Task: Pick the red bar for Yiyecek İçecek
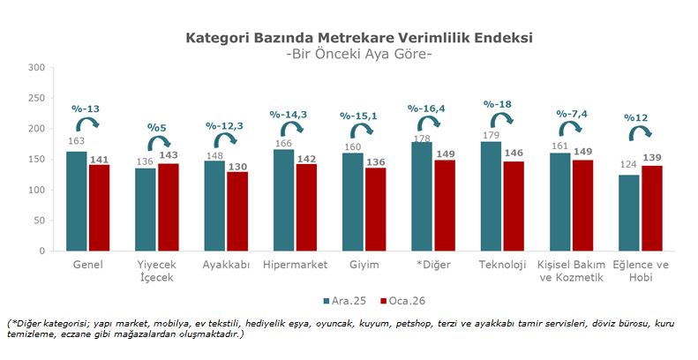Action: [x=168, y=206]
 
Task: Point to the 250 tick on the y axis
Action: [x=36, y=98]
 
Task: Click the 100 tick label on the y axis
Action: [x=36, y=190]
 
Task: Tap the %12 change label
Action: [x=635, y=117]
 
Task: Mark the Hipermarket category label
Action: [x=296, y=265]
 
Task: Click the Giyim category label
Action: [x=364, y=265]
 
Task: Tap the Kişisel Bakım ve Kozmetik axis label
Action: [x=570, y=271]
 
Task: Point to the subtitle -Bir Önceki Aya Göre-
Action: [x=359, y=54]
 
